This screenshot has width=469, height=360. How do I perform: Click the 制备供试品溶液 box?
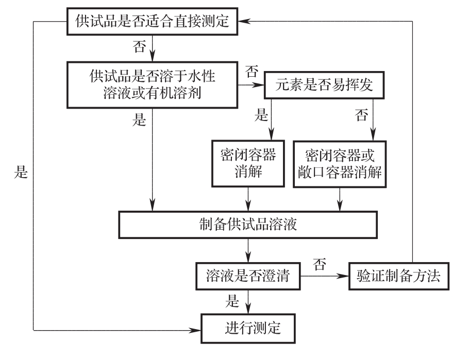click(247, 225)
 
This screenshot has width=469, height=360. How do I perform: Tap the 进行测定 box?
click(253, 328)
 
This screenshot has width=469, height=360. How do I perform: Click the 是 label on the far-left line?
click(21, 173)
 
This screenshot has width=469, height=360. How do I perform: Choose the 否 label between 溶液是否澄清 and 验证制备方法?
click(319, 265)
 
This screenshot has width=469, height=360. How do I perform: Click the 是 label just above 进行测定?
click(233, 301)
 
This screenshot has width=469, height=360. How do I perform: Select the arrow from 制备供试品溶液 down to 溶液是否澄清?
click(249, 249)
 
